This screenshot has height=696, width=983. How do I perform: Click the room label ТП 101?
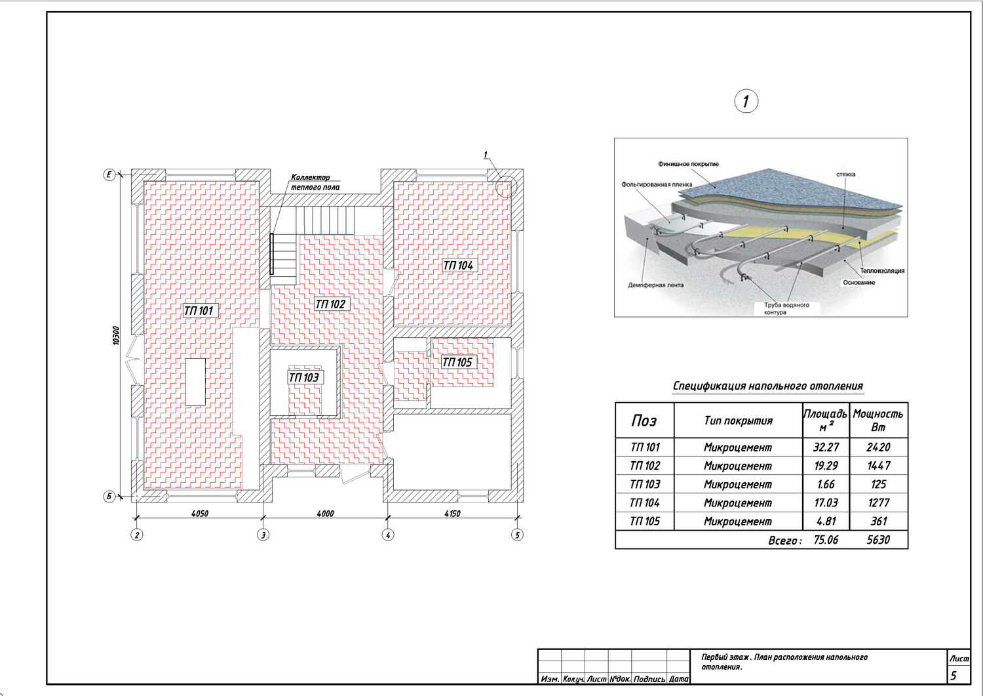pyautogui.click(x=199, y=311)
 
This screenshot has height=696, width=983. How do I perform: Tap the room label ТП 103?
pyautogui.click(x=304, y=377)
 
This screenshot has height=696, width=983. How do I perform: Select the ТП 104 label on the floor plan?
pyautogui.click(x=458, y=266)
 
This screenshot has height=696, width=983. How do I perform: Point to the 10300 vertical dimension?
pyautogui.click(x=116, y=335)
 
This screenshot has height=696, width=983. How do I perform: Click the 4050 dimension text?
pyautogui.click(x=200, y=513)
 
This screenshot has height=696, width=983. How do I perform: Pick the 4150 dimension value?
pyautogui.click(x=452, y=513)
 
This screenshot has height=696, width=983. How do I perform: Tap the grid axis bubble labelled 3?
pyautogui.click(x=263, y=535)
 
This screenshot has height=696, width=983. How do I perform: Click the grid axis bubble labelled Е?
pyautogui.click(x=109, y=175)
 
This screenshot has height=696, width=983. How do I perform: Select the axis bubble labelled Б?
pyautogui.click(x=109, y=497)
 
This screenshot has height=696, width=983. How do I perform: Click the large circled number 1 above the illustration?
pyautogui.click(x=746, y=102)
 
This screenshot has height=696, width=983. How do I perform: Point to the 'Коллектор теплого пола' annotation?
pyautogui.click(x=315, y=182)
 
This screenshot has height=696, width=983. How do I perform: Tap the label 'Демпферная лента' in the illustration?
pyautogui.click(x=655, y=285)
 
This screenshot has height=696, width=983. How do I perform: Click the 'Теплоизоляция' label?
pyautogui.click(x=882, y=271)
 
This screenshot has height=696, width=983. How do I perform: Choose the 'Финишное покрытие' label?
pyautogui.click(x=688, y=164)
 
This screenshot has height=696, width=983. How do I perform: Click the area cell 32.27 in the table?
pyautogui.click(x=826, y=447)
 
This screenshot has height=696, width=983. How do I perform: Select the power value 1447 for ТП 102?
pyautogui.click(x=879, y=466)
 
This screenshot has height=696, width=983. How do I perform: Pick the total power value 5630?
pyautogui.click(x=878, y=540)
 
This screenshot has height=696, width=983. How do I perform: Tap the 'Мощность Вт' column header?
pyautogui.click(x=878, y=420)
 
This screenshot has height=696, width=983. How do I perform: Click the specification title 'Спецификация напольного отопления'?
pyautogui.click(x=767, y=386)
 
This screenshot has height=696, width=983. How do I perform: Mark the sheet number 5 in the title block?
pyautogui.click(x=954, y=676)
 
